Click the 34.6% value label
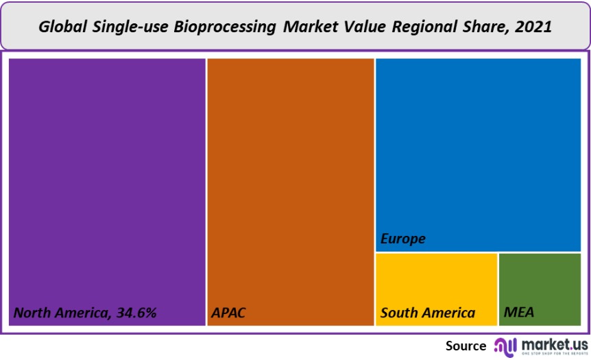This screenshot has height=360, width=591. pyautogui.click(x=136, y=313)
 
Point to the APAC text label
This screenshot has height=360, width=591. pyautogui.click(x=228, y=313)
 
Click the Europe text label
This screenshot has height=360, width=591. pyautogui.click(x=403, y=239)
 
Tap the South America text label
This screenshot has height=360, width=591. pyautogui.click(x=428, y=313)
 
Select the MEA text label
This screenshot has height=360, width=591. pyautogui.click(x=519, y=313)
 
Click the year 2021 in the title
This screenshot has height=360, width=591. pyautogui.click(x=533, y=27)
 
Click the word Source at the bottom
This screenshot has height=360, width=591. pyautogui.click(x=466, y=346)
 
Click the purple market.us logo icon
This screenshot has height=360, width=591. pyautogui.click(x=505, y=345)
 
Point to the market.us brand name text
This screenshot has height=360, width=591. pyautogui.click(x=554, y=342)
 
